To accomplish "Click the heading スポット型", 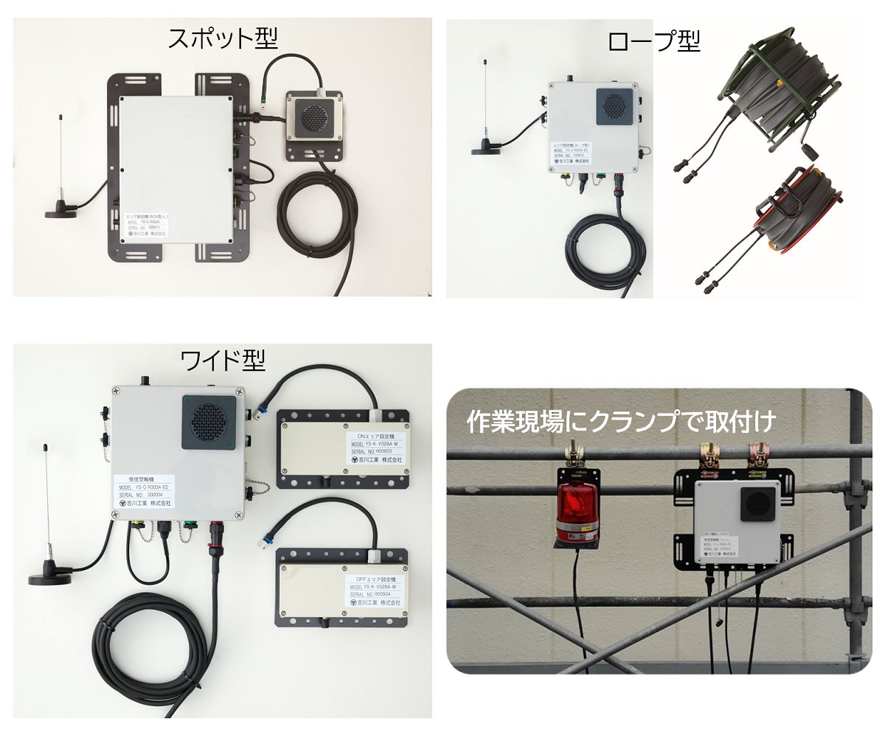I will coord(222,38).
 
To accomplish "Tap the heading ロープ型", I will coord(653,41).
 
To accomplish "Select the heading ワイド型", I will coord(223,361).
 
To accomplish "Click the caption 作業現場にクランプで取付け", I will coord(621,421).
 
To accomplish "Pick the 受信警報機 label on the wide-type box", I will coord(145,491).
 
